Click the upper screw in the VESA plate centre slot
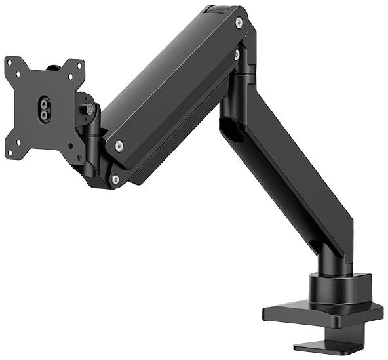(43, 103)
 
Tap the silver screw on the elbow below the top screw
(237, 55)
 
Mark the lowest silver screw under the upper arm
(115, 178)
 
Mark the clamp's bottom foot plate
(321, 346)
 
